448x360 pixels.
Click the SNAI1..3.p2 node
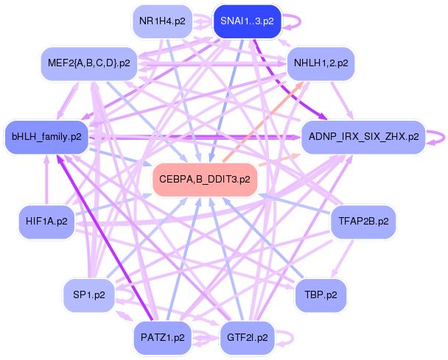point(246,21)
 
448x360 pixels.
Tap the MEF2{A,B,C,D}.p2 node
point(88,63)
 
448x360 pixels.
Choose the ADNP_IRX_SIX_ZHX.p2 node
point(363,136)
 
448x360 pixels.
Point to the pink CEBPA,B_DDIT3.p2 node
point(204,179)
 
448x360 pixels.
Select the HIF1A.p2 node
point(46,221)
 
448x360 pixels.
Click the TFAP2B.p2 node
point(363,220)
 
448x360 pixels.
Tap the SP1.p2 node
point(88,295)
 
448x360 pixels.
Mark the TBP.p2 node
point(320,295)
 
